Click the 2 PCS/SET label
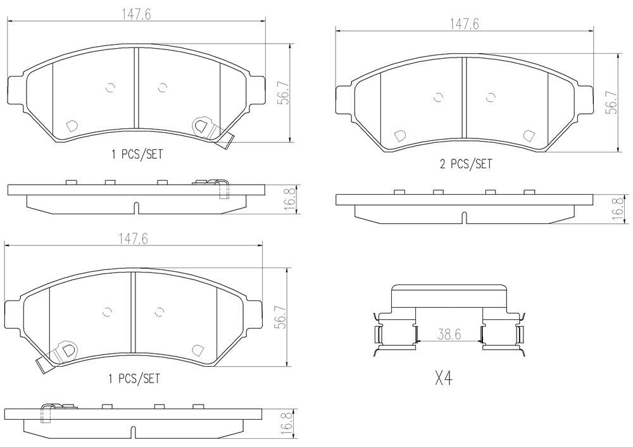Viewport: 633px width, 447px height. click(466, 164)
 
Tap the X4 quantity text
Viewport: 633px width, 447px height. click(443, 379)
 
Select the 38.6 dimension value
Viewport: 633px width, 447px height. click(449, 334)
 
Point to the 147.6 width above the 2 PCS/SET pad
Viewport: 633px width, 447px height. click(464, 25)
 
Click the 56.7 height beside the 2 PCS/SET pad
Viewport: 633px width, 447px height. click(613, 102)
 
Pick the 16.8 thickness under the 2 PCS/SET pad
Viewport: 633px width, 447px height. click(617, 209)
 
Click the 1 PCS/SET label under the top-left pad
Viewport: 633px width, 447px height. click(137, 154)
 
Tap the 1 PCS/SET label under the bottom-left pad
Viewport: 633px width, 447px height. click(134, 379)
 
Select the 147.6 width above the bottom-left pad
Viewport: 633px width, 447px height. click(133, 239)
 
